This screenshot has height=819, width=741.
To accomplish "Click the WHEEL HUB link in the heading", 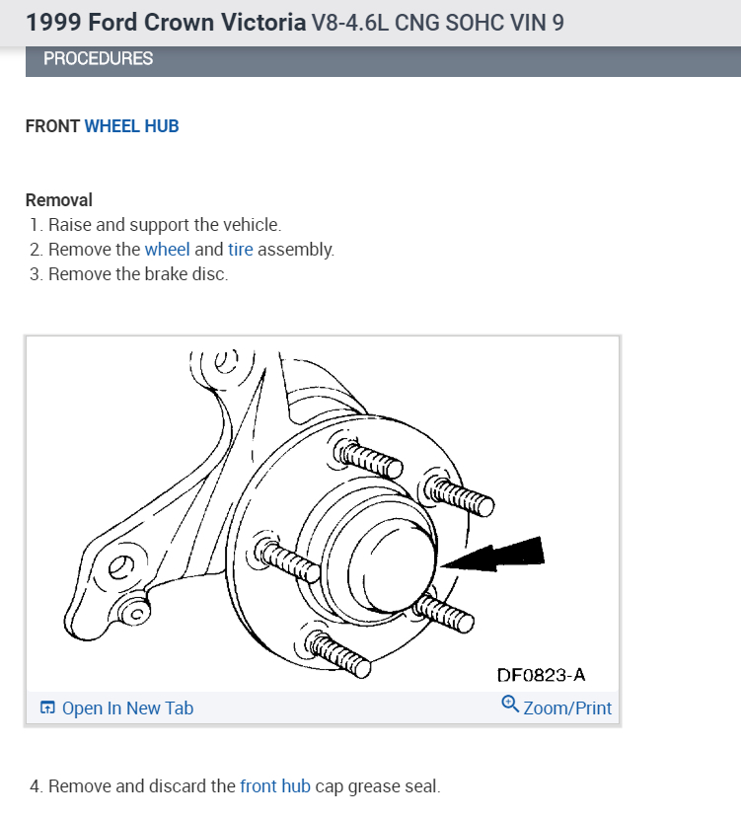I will coord(131,126).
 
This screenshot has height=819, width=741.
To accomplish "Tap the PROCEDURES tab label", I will coord(98,58).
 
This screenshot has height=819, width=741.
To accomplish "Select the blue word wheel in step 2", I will coord(167,250).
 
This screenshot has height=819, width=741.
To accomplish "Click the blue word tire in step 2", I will coord(241,250).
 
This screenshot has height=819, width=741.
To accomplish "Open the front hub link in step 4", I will coord(274,786).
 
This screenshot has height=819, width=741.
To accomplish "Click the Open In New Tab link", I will coord(127,707).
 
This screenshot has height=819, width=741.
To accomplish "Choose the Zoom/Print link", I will coord(567,707).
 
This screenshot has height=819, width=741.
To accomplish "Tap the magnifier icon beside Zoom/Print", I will coord(510,705).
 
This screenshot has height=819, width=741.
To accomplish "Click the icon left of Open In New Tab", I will coord(47,707).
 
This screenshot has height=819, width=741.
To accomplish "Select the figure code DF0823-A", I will coord(541,675).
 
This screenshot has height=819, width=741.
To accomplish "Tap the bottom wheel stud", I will coord(338,655).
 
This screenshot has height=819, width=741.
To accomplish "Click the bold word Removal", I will coord(58,200).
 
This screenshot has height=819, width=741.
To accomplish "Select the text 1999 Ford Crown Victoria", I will coord(166,22).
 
